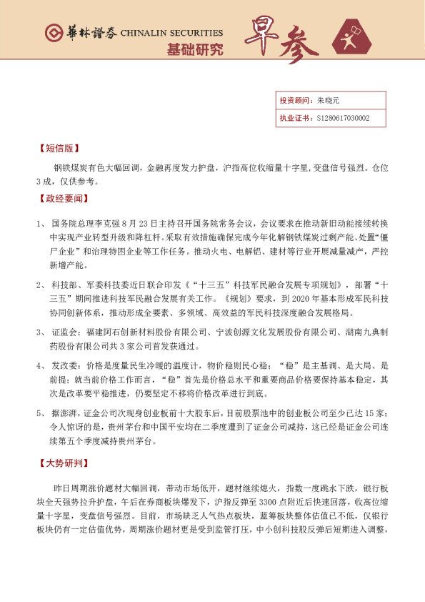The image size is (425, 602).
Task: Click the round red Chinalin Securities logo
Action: point(53,33)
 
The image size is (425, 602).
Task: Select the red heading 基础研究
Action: point(194,50)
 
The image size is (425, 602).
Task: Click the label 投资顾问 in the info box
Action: point(294,101)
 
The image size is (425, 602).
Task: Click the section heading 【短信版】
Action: point(58,150)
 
